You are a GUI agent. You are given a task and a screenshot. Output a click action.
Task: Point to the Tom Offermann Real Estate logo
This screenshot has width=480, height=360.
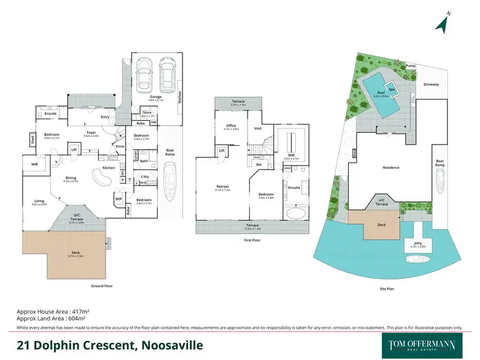[x=423, y=345]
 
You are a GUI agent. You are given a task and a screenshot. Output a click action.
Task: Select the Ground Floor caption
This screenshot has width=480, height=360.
[x=102, y=286]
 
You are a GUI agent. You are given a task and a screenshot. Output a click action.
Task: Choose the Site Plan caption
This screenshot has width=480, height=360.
[x=387, y=289]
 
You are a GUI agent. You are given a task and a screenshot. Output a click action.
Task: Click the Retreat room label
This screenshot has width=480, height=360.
[x=221, y=187]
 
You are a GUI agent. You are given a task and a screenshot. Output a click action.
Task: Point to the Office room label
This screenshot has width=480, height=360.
[x=230, y=127]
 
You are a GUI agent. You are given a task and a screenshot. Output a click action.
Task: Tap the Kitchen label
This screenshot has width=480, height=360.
[x=108, y=168]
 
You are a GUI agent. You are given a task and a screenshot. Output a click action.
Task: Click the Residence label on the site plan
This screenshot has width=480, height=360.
[x=391, y=168]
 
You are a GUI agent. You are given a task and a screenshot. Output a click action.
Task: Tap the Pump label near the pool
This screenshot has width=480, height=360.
[x=410, y=66]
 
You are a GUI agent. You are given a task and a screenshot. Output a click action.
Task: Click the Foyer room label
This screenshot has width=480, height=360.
[x=91, y=134]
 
